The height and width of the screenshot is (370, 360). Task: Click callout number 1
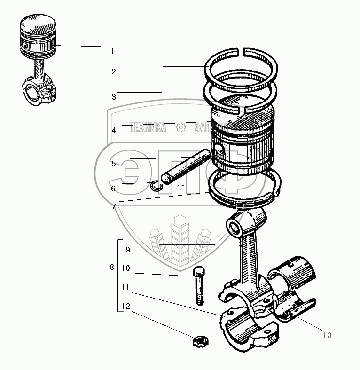pos(112,51)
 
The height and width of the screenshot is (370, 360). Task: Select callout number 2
pos(113,72)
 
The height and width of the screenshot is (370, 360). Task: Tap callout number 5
pos(113,164)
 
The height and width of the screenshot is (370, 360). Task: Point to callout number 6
pos(113,189)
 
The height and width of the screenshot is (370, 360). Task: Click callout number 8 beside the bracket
pos(111,268)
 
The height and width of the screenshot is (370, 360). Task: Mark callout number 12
pos(125,307)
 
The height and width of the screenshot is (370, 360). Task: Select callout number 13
pos(327,335)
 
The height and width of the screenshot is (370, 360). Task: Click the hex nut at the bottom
pos(200,340)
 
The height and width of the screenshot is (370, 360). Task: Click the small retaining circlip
pos(157,186)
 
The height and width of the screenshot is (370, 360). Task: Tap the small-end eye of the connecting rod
pos(234,227)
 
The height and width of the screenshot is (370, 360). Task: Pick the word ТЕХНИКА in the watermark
pos(148,128)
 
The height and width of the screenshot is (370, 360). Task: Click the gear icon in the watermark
pos(180,128)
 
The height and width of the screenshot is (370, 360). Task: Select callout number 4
pos(113,130)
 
